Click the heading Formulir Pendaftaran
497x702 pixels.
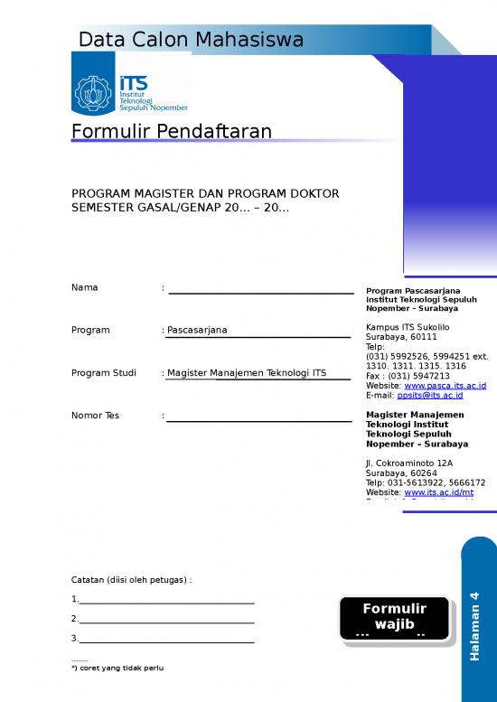tap(172, 133)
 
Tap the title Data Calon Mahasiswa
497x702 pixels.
tap(191, 40)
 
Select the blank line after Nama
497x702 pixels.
tap(261, 291)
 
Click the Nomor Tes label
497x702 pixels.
tap(95, 416)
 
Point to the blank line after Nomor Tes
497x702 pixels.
tap(259, 419)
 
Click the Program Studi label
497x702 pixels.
tap(103, 372)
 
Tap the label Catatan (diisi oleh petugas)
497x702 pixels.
tap(131, 579)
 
